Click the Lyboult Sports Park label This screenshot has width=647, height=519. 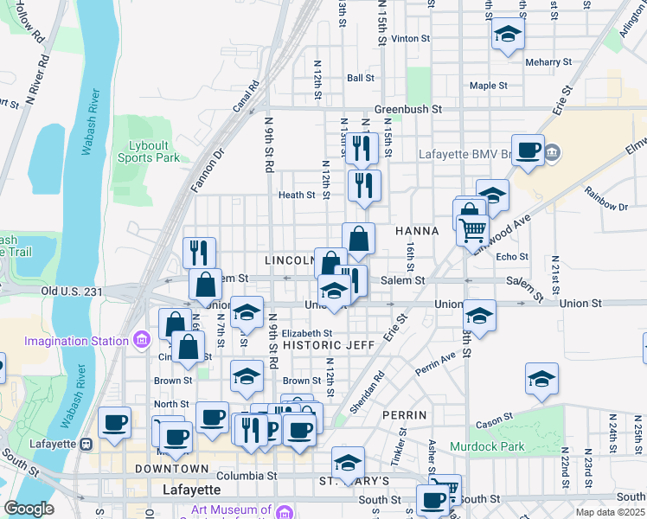click(x=149, y=151)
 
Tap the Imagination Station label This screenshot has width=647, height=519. click(x=76, y=340)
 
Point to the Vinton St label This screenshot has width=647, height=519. click(x=411, y=39)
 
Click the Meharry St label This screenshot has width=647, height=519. click(x=548, y=62)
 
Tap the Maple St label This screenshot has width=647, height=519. click(x=489, y=86)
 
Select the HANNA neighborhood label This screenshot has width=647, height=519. click(x=417, y=231)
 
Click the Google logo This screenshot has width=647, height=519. click(x=29, y=509)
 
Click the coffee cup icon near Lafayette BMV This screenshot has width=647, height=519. click(x=528, y=150)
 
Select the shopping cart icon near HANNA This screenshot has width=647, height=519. click(x=472, y=230)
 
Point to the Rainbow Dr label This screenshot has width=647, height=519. click(x=605, y=207)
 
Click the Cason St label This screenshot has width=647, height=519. click(x=494, y=421)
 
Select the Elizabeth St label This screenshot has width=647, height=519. click(x=307, y=333)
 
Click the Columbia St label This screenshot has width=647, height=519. click(x=247, y=476)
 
